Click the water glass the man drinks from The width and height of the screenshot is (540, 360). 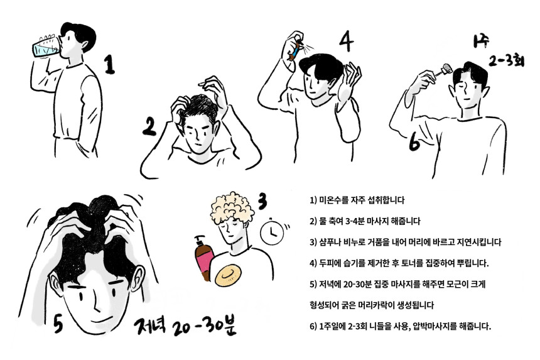[x=46, y=46]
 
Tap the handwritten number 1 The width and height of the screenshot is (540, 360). [x=109, y=65]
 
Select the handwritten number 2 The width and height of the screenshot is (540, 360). [x=149, y=126]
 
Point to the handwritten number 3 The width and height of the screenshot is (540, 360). [x=262, y=201]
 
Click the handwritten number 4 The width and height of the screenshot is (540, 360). [x=346, y=41]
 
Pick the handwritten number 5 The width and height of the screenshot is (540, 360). [x=58, y=323]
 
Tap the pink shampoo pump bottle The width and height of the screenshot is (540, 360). [x=203, y=258]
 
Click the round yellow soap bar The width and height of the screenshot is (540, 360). [x=228, y=275]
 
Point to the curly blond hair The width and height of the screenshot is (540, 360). [x=232, y=208]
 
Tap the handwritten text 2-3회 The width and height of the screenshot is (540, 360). [x=506, y=62]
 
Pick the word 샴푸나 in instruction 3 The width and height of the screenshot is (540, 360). [x=330, y=242]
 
